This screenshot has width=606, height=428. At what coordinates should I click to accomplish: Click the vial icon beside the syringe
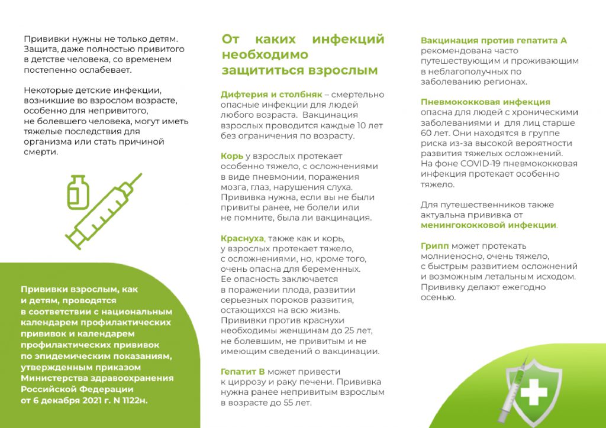tap(76, 192)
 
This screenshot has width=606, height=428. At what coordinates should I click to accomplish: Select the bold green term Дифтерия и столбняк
tap(271, 95)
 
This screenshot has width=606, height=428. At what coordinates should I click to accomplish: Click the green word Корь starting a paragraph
tap(231, 156)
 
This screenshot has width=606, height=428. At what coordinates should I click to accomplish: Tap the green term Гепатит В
tap(242, 372)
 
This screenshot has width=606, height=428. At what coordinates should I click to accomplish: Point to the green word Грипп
tap(434, 245)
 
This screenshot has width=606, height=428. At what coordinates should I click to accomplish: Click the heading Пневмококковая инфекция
tap(485, 102)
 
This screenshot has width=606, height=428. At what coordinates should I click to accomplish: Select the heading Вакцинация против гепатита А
tap(494, 40)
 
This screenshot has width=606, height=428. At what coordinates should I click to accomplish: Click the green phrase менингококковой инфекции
tap(488, 225)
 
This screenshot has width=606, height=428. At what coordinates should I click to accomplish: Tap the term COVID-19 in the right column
tap(471, 164)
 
